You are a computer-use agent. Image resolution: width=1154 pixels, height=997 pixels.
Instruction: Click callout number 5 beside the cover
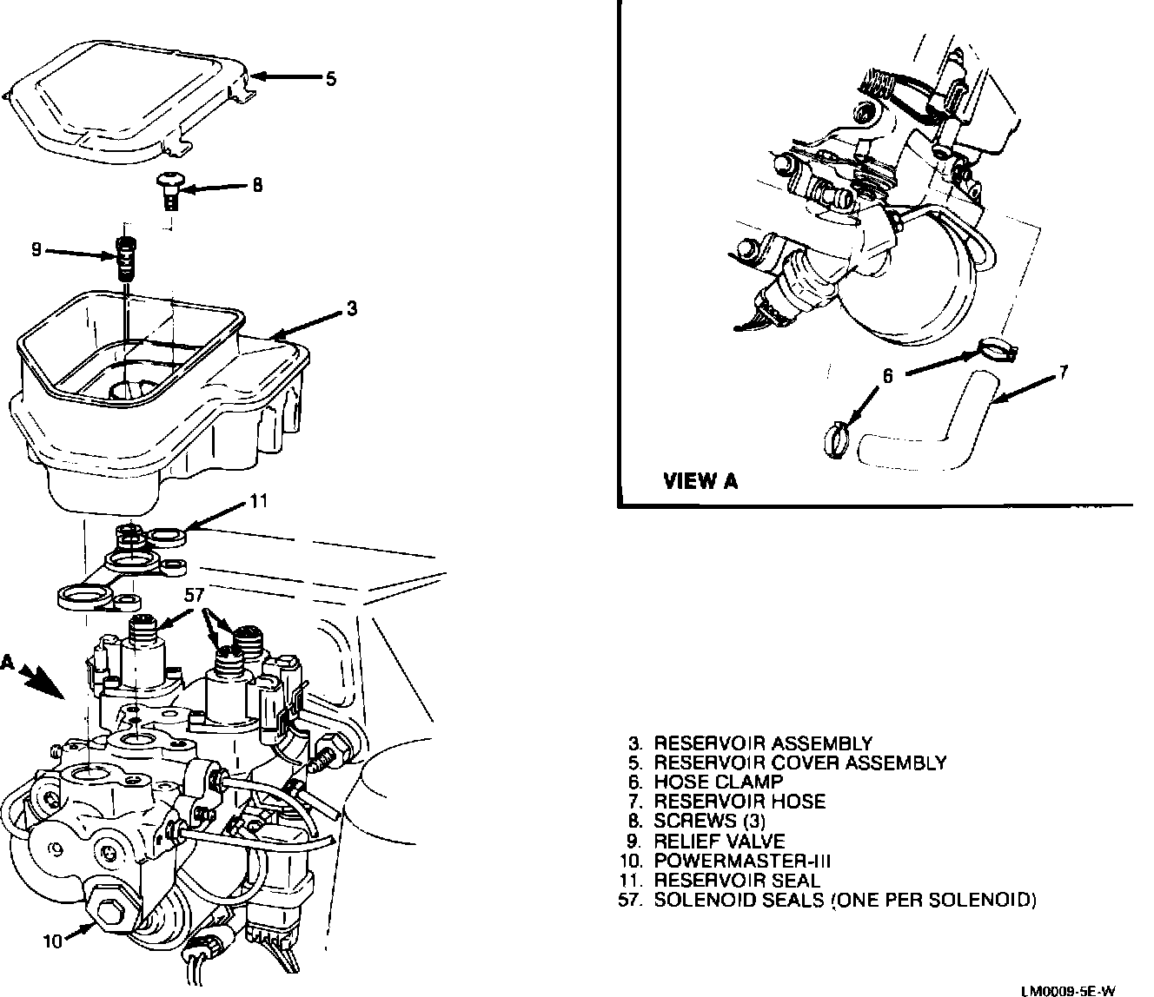[x=330, y=79]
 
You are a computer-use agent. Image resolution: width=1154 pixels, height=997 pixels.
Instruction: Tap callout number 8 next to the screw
[x=257, y=185]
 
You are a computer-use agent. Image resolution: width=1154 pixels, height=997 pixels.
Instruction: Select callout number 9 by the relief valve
[x=36, y=250]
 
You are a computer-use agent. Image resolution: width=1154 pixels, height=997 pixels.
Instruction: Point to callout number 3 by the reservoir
[x=351, y=307]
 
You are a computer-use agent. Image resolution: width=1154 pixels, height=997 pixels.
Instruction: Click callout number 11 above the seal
[x=259, y=501]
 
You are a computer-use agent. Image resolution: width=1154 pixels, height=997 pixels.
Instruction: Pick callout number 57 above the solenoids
[x=194, y=595]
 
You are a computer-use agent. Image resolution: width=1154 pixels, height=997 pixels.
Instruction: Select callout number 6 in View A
[x=887, y=376]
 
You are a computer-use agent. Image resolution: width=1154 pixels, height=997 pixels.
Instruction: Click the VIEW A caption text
[x=700, y=480]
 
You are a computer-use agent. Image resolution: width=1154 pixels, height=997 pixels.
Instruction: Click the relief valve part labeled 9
[x=127, y=255]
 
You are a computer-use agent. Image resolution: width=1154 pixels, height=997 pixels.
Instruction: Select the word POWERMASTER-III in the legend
[x=742, y=861]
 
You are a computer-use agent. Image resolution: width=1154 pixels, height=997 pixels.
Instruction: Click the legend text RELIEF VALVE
[x=719, y=841]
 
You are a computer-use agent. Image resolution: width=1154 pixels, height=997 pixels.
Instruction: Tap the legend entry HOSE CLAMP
[x=718, y=782]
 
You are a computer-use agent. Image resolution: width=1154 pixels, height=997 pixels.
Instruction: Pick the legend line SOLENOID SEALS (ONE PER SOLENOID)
[x=845, y=900]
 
